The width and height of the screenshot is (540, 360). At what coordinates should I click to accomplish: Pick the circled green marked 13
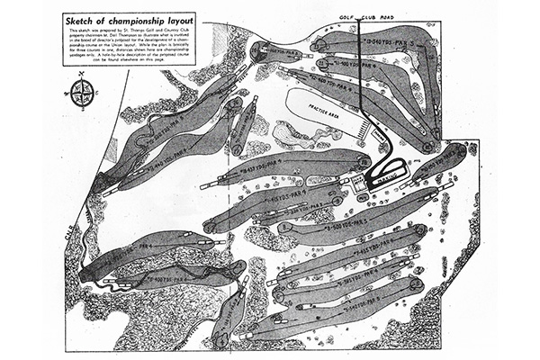tap(321, 43)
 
